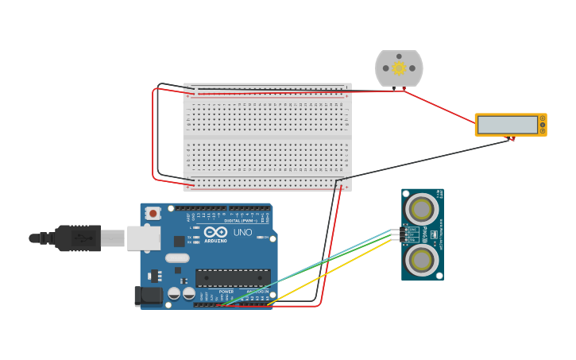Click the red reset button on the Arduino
point(153,213)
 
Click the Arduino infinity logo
point(215,233)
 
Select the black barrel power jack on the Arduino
point(147,296)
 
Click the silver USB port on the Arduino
point(143,238)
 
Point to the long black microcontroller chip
point(233,277)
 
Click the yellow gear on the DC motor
point(399,69)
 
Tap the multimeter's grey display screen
point(507,125)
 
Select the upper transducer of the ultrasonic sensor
point(420,210)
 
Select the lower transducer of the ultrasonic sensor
point(420,260)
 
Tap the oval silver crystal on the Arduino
point(177,257)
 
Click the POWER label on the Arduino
point(226,291)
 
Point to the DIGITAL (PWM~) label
point(243,220)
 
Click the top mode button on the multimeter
point(543,118)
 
